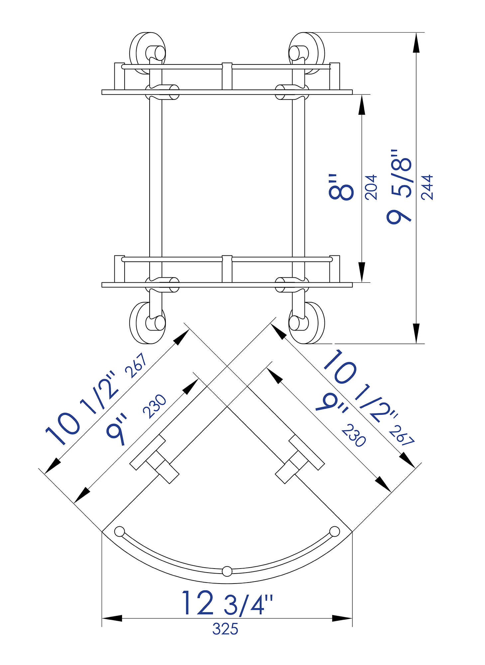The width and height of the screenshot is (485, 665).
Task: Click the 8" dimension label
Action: (341, 187)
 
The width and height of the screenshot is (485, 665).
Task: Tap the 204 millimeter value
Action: (371, 187)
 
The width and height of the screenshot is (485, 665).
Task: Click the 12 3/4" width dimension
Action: (227, 603)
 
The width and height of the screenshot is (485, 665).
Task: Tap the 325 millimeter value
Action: (225, 629)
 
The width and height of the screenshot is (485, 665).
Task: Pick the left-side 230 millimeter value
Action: (155, 406)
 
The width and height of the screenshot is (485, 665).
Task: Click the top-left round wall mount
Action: (147, 53)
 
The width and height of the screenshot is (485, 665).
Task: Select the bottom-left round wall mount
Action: (147, 323)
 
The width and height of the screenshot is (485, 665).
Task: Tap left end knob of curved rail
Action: (119, 531)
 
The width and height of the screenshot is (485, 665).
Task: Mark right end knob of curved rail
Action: (335, 531)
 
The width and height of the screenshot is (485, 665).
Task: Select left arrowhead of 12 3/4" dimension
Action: (112, 618)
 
